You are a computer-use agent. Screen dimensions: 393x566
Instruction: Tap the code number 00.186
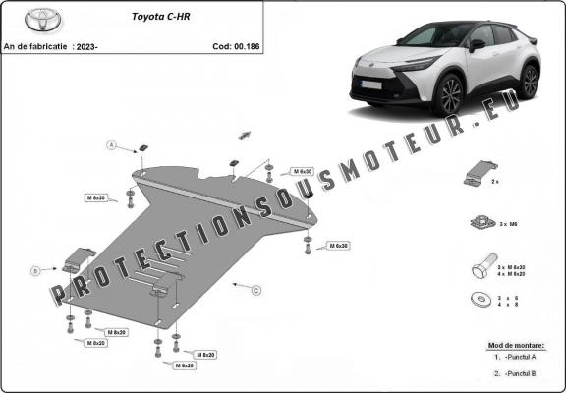245,45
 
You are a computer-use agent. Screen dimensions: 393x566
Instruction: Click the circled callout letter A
112,145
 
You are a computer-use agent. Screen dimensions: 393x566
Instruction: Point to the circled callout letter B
34,269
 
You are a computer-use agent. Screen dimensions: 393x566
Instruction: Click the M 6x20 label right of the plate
338,245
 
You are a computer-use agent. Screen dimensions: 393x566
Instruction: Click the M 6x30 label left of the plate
98,198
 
